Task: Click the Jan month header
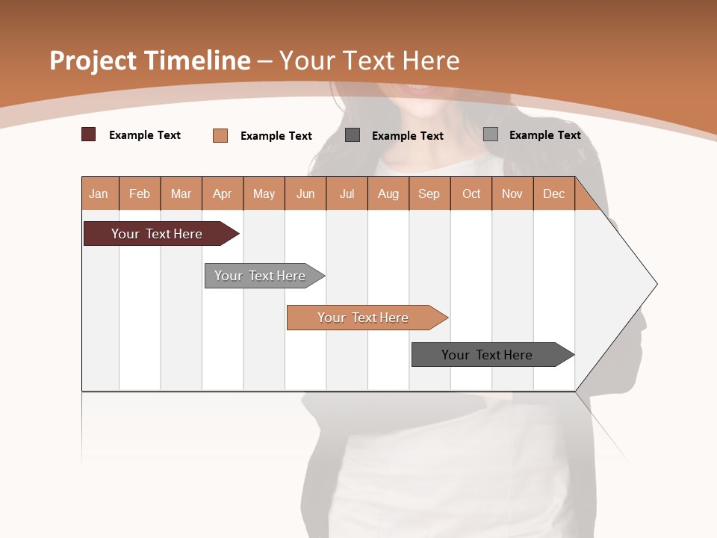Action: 99,194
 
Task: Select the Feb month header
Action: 140,194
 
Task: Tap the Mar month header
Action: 181,194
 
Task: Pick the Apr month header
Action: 223,194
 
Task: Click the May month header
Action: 264,194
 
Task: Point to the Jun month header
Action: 305,194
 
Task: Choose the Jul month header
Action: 347,194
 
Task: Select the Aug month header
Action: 388,194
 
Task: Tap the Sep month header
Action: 429,194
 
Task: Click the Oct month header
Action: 471,194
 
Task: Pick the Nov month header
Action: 512,194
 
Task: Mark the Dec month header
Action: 554,194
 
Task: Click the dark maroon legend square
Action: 89,134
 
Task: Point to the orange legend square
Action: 220,135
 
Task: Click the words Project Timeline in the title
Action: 149,61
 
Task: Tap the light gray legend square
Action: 491,134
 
